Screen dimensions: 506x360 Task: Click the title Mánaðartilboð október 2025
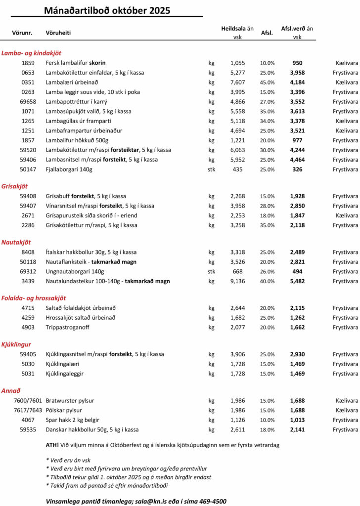tap(107, 10)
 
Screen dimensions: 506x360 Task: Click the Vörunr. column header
tap(22, 33)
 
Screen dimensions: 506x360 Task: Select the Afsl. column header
tap(267, 33)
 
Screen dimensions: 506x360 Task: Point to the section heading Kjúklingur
tap(16, 344)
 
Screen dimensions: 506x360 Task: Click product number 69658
tap(28, 101)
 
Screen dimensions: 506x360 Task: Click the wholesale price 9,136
tap(237, 281)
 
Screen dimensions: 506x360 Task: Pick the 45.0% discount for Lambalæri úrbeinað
tap(267, 83)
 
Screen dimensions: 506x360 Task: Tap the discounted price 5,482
tap(297, 281)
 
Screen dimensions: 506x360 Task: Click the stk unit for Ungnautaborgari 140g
tap(212, 272)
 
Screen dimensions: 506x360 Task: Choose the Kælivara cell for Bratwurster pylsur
tap(347, 401)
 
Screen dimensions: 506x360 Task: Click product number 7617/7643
tap(28, 410)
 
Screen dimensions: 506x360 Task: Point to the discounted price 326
tap(297, 169)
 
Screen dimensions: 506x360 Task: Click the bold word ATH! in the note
tap(52, 445)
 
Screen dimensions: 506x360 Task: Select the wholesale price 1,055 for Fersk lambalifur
tap(237, 63)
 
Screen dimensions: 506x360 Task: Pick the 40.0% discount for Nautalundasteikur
tap(267, 281)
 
